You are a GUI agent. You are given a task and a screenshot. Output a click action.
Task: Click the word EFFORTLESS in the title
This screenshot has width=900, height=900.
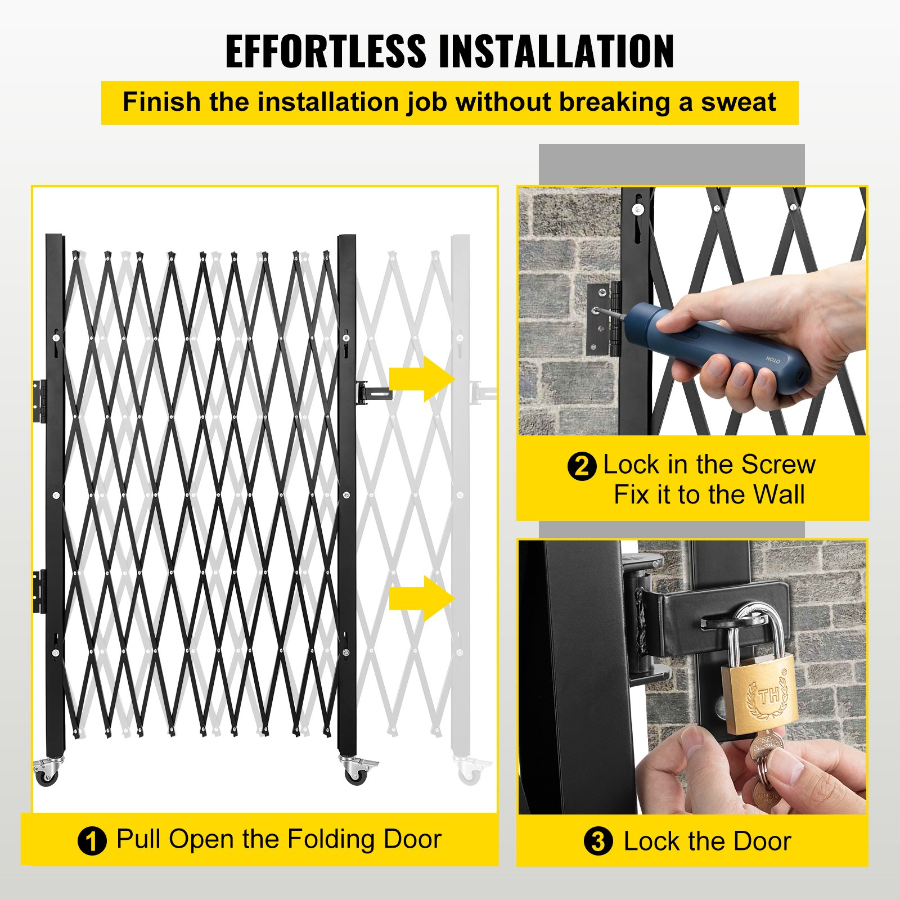pos(326,51)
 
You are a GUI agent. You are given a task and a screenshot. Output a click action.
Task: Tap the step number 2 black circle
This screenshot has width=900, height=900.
pos(582,466)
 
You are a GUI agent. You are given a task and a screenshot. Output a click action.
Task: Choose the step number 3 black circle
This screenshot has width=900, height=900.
pos(598,841)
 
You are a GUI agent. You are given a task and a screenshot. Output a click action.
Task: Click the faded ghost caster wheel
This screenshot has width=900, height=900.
pos(470,774)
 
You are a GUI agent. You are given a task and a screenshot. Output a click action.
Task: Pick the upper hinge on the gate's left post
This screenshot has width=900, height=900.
pos(39,400)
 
